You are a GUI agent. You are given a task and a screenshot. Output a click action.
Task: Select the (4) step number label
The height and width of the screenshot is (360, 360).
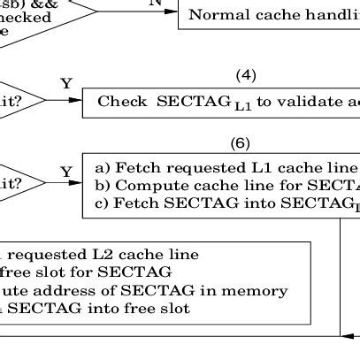(x=246, y=75)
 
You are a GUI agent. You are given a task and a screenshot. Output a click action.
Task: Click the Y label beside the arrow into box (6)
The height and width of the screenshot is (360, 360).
(x=65, y=171)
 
